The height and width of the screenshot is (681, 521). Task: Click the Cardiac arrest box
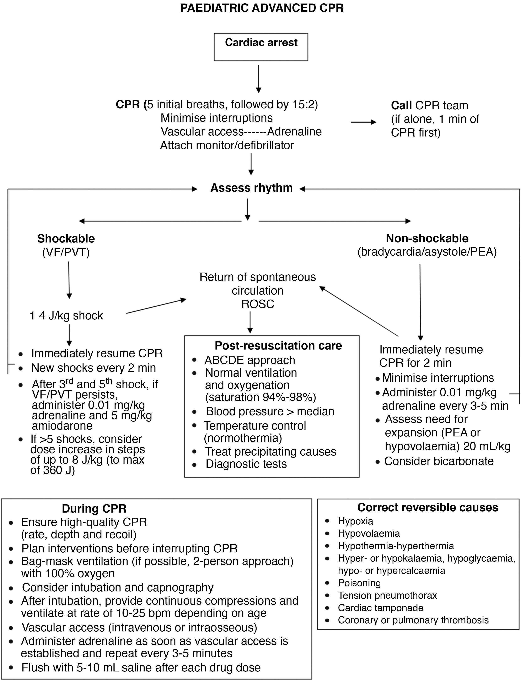point(261,47)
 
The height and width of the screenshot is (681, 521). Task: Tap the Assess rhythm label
point(252,188)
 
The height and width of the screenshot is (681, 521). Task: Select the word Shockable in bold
point(66,239)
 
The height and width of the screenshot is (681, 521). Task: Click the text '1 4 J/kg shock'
point(66,316)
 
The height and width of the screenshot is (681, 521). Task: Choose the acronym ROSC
point(258,304)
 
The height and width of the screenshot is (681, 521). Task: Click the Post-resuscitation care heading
point(278,346)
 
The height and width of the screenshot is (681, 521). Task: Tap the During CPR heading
point(94,508)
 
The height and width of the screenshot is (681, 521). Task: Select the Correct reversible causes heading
point(428,507)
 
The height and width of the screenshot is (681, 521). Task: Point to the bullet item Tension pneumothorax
point(387,595)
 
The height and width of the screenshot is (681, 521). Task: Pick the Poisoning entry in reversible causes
point(359,583)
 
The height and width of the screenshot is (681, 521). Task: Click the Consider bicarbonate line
point(439,461)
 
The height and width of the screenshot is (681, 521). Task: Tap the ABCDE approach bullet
point(250,360)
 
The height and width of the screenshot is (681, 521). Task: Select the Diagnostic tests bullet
point(246,464)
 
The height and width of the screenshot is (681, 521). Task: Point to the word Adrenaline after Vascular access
point(294,132)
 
